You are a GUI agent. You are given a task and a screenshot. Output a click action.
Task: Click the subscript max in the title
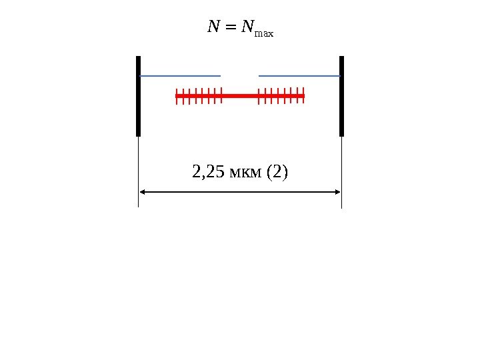tap(264, 32)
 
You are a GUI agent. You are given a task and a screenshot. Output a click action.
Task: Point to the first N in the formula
tap(213, 27)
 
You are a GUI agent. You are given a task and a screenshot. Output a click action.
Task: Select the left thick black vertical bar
tap(138, 96)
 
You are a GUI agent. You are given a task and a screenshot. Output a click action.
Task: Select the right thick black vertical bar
tap(341, 96)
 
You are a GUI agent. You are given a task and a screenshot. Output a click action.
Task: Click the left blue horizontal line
tap(180, 76)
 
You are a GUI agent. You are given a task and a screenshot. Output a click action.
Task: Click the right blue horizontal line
tap(299, 76)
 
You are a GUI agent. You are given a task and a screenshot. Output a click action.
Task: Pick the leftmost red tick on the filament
tap(177, 97)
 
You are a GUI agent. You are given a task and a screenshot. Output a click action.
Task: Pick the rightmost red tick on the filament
tap(303, 96)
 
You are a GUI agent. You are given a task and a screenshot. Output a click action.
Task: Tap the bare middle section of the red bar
tap(240, 96)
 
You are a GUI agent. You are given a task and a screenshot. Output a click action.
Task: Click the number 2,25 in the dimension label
tap(208, 173)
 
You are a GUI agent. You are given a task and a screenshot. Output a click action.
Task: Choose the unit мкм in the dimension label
tap(246, 174)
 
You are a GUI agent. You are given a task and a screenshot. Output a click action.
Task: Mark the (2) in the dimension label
tap(277, 173)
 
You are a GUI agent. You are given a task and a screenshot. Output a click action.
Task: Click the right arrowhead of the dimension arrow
tap(337, 192)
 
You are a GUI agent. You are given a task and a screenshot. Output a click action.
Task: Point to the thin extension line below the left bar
tap(138, 167)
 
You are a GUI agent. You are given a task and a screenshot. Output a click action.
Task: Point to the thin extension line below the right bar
tap(341, 167)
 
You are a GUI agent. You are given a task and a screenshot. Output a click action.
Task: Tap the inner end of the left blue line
tap(219, 76)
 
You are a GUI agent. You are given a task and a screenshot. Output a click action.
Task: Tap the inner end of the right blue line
tap(259, 76)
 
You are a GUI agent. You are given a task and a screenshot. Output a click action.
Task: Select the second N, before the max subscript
tap(247, 27)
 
